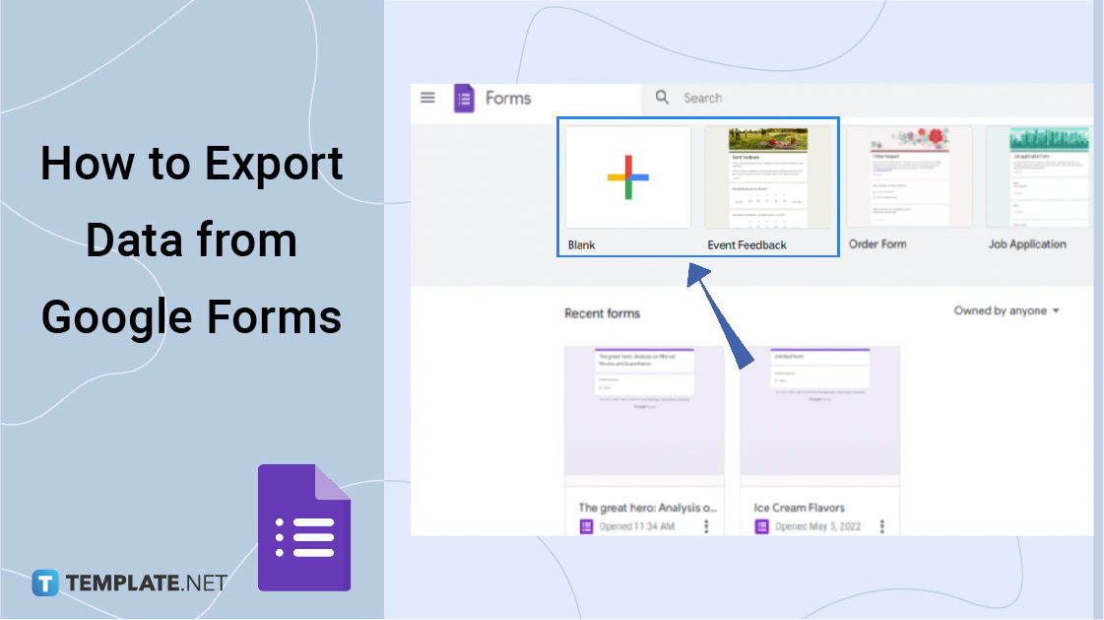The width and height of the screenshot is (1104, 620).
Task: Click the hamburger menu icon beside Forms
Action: click(x=427, y=98)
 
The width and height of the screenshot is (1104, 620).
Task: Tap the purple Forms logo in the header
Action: click(x=464, y=99)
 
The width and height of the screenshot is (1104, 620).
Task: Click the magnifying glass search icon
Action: click(x=663, y=98)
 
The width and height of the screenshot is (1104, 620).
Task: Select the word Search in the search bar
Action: click(x=703, y=98)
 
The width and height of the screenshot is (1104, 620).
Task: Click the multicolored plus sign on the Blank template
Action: click(x=627, y=177)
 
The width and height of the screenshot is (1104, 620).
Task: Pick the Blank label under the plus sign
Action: click(x=582, y=244)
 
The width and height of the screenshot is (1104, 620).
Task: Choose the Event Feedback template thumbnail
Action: click(x=768, y=177)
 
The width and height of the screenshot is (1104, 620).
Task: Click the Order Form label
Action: click(x=877, y=244)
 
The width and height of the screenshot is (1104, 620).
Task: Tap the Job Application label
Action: click(x=1027, y=244)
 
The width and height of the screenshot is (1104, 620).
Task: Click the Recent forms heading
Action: click(x=602, y=313)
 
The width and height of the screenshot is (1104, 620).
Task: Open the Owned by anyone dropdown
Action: click(x=1007, y=310)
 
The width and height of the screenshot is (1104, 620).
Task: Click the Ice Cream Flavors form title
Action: click(x=800, y=508)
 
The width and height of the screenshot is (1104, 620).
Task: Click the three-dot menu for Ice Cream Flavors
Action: click(x=882, y=526)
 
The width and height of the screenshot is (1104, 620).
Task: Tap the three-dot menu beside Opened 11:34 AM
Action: click(x=706, y=526)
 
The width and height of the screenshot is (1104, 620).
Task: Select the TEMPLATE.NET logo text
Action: click(x=147, y=583)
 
